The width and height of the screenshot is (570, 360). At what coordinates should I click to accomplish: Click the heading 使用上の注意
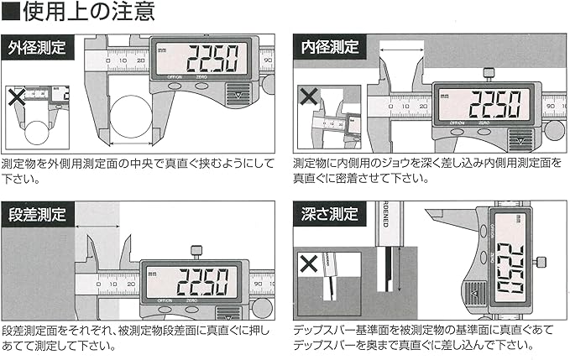[89, 11]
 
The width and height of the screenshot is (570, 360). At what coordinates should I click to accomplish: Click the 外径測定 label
[37, 48]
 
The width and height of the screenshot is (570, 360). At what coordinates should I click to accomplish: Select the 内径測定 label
[330, 47]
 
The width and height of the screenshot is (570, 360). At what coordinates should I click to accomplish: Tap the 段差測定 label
[37, 214]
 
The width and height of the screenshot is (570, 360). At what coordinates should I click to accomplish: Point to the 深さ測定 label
[330, 214]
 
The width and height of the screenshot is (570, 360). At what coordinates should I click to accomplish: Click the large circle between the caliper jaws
[131, 117]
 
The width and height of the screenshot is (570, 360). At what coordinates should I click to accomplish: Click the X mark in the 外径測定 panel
[17, 97]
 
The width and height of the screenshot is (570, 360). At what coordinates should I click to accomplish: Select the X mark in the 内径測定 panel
[309, 97]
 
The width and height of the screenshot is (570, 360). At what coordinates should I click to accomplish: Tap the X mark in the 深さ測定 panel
[309, 263]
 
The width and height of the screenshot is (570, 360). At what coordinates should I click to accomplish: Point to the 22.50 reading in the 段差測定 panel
[203, 282]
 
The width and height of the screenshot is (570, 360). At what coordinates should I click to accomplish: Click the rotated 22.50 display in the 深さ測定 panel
[510, 268]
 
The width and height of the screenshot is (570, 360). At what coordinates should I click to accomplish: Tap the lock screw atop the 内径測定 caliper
[489, 75]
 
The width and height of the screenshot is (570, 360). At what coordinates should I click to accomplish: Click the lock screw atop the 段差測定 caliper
[196, 252]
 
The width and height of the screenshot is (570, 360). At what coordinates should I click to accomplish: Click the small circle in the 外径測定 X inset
[37, 133]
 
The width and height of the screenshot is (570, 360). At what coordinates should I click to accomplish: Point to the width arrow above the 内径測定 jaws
[402, 50]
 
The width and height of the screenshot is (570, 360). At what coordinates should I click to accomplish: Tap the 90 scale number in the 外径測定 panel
[268, 60]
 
